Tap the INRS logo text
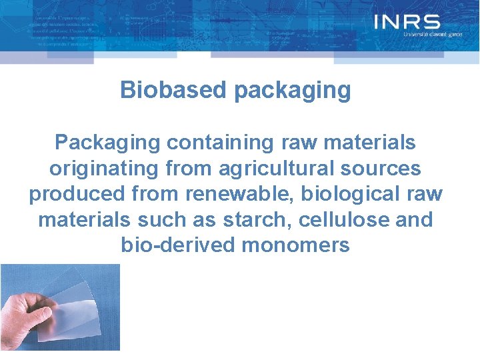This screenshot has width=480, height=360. click(407, 22)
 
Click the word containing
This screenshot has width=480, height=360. click(217, 143)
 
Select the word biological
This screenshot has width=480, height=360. click(352, 193)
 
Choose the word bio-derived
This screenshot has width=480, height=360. click(178, 245)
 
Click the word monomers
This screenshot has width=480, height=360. click(295, 245)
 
